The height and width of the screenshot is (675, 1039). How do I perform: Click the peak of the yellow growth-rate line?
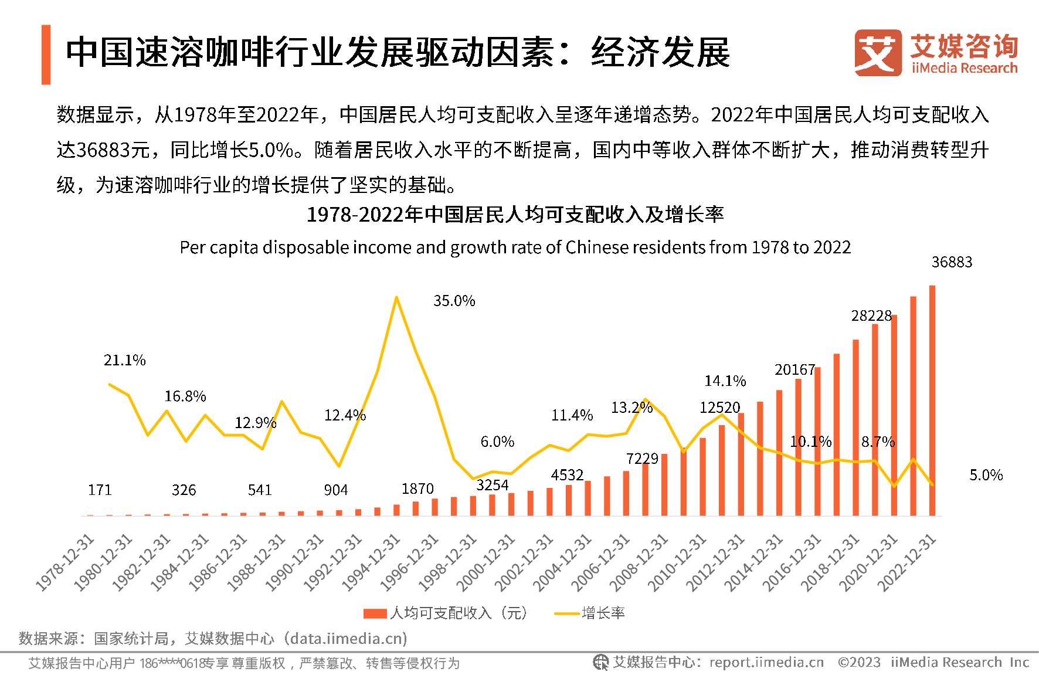(x=397, y=297)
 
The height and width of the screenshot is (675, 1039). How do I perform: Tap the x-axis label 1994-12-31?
(x=372, y=562)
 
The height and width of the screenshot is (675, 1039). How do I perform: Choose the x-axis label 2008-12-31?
(x=640, y=562)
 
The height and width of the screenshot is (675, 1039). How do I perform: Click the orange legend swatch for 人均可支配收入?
(x=375, y=613)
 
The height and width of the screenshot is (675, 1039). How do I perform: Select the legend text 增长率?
(x=603, y=613)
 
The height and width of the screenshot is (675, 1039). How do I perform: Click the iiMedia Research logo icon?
(x=878, y=53)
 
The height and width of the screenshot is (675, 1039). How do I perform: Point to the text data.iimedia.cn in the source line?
(x=346, y=638)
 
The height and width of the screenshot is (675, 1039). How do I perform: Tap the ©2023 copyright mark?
(x=859, y=663)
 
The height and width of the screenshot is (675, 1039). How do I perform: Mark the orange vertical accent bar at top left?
(x=46, y=55)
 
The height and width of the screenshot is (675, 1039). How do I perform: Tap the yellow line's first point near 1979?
(x=110, y=384)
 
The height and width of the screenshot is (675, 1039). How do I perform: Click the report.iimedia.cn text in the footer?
(x=766, y=663)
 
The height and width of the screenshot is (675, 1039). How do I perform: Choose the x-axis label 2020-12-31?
(x=870, y=562)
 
